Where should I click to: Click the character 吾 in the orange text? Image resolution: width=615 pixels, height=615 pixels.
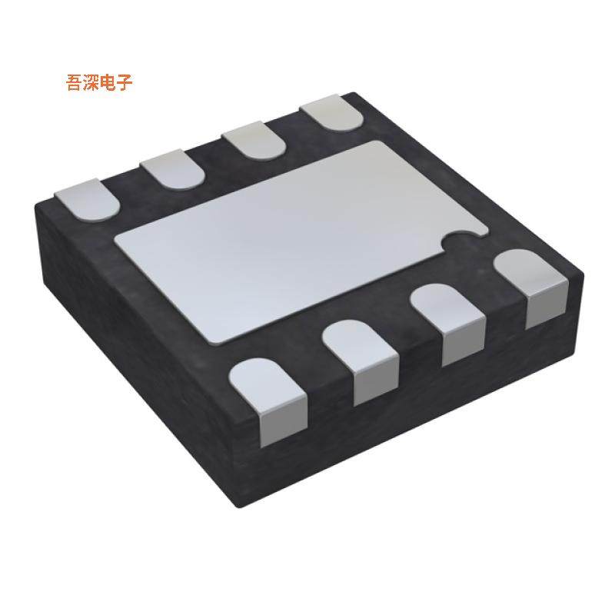(76, 83)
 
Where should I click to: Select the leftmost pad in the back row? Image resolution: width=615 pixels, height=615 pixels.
(85, 198)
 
